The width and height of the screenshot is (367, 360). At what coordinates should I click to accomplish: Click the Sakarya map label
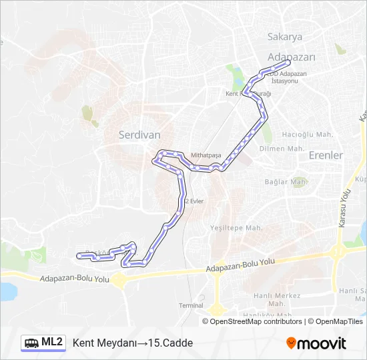click(285, 37)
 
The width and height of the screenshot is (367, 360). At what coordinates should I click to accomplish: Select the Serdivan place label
click(139, 134)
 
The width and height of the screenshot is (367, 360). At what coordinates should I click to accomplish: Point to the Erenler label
click(326, 155)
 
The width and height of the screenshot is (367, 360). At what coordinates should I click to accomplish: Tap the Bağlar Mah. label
click(285, 181)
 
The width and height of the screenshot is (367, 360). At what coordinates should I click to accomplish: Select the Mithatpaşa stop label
click(206, 155)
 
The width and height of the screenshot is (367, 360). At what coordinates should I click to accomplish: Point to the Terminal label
click(191, 305)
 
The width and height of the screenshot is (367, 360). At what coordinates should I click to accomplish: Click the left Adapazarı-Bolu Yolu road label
click(74, 279)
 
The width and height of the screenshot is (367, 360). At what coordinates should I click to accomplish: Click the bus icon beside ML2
click(31, 343)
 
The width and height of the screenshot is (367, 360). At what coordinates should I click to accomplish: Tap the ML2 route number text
click(52, 343)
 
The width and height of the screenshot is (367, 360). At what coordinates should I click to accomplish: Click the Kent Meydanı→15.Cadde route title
click(132, 343)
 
